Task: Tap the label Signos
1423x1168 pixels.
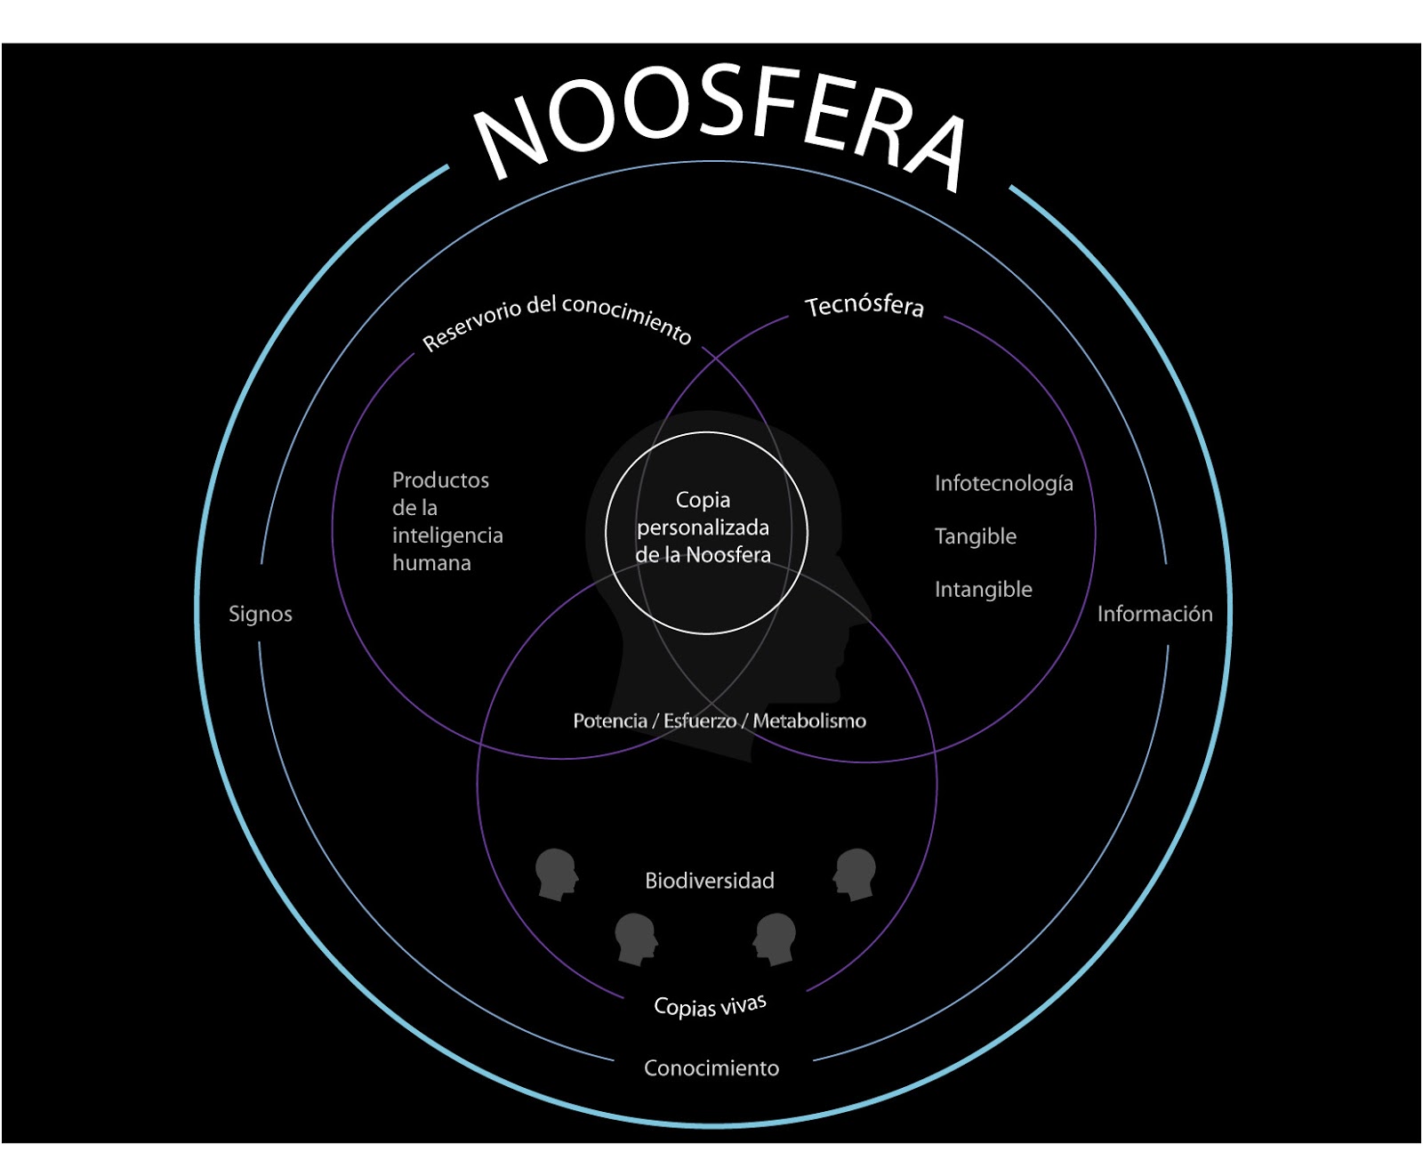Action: pyautogui.click(x=260, y=614)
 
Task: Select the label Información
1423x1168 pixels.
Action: pyautogui.click(x=1154, y=614)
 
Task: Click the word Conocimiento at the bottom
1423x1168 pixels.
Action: pyautogui.click(x=711, y=1067)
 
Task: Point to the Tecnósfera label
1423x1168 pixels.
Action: pyautogui.click(x=864, y=306)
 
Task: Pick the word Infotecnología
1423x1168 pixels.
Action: pyautogui.click(x=1003, y=483)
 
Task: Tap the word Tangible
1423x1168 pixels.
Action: pyautogui.click(x=975, y=536)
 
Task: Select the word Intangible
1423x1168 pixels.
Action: pyautogui.click(x=983, y=589)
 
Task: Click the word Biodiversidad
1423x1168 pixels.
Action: pyautogui.click(x=710, y=881)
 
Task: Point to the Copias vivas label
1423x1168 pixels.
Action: pyautogui.click(x=710, y=1005)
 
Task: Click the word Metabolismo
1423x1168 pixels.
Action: pyautogui.click(x=809, y=721)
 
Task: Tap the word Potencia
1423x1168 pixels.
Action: pyautogui.click(x=610, y=721)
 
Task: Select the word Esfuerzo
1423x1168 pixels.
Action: pyautogui.click(x=700, y=721)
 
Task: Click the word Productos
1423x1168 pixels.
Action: pyautogui.click(x=440, y=480)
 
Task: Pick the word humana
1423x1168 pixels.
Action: pyautogui.click(x=431, y=563)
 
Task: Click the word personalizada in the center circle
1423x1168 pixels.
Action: pyautogui.click(x=703, y=528)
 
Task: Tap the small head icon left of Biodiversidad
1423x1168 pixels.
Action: pyautogui.click(x=556, y=874)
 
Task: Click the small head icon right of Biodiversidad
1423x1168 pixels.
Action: pyautogui.click(x=856, y=874)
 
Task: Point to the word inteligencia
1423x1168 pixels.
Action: pyautogui.click(x=447, y=536)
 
